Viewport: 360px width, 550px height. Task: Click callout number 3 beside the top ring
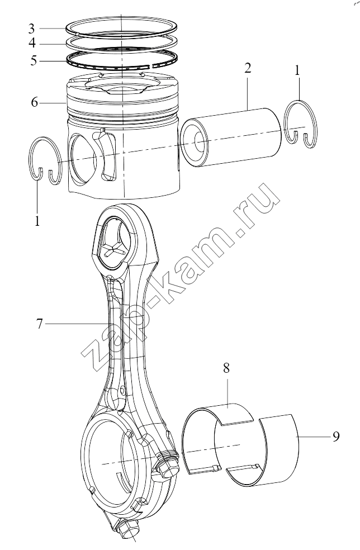[x=31, y=28]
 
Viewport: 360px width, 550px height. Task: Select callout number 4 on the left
[x=32, y=43]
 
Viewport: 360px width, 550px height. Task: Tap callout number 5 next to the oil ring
[x=34, y=60]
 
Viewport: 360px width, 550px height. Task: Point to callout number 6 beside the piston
[x=34, y=102]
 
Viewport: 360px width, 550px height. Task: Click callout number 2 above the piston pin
[x=248, y=68]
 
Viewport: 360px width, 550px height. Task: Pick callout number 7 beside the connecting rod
[x=39, y=324]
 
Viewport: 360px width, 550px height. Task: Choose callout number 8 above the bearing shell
[x=226, y=368]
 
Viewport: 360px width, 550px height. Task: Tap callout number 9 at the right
[x=336, y=437]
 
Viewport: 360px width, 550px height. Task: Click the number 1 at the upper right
[x=297, y=71]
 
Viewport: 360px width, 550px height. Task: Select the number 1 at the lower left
[x=37, y=221]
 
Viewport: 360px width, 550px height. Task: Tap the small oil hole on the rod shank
[x=122, y=390]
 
